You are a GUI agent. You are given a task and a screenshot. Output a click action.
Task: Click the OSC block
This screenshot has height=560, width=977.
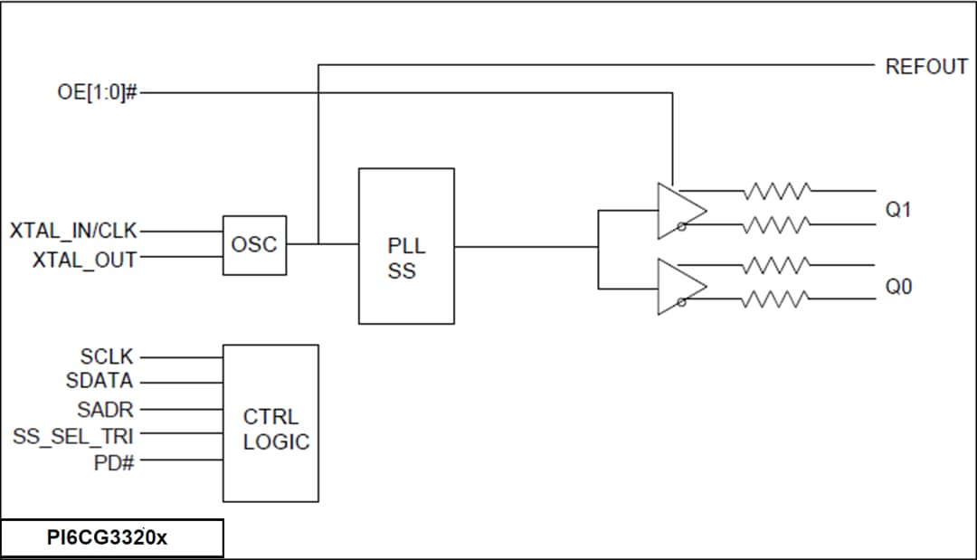pos(254,245)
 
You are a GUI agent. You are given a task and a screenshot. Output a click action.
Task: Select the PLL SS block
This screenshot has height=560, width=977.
pos(406,246)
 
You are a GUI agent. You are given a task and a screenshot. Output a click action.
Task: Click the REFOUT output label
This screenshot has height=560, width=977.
pos(925,67)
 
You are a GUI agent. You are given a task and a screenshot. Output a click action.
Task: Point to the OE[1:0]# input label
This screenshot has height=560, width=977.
pos(97,92)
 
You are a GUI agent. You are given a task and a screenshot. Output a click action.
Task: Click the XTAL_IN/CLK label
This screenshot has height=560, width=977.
pos(73,231)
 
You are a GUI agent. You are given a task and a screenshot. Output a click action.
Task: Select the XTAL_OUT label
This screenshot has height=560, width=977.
pos(85,260)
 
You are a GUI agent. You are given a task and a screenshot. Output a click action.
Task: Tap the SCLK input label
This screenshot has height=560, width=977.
pos(106,358)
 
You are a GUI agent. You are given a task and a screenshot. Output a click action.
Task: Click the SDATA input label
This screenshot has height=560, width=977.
pos(100,381)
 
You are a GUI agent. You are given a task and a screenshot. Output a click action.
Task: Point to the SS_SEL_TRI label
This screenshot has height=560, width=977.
pos(73,435)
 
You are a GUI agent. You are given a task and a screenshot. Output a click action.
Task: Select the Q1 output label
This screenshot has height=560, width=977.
pos(898,209)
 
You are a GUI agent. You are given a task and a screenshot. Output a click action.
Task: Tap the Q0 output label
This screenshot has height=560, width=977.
pos(898,287)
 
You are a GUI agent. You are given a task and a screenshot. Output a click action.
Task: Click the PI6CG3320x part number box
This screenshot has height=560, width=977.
pos(111,538)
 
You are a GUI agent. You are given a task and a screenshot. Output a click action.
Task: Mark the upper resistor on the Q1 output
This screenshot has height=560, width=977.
pos(775,191)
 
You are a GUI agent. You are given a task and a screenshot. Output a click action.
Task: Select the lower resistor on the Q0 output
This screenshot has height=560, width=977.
pos(775,299)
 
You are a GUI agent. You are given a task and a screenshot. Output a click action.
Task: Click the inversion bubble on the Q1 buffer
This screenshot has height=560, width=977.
pos(680,228)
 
